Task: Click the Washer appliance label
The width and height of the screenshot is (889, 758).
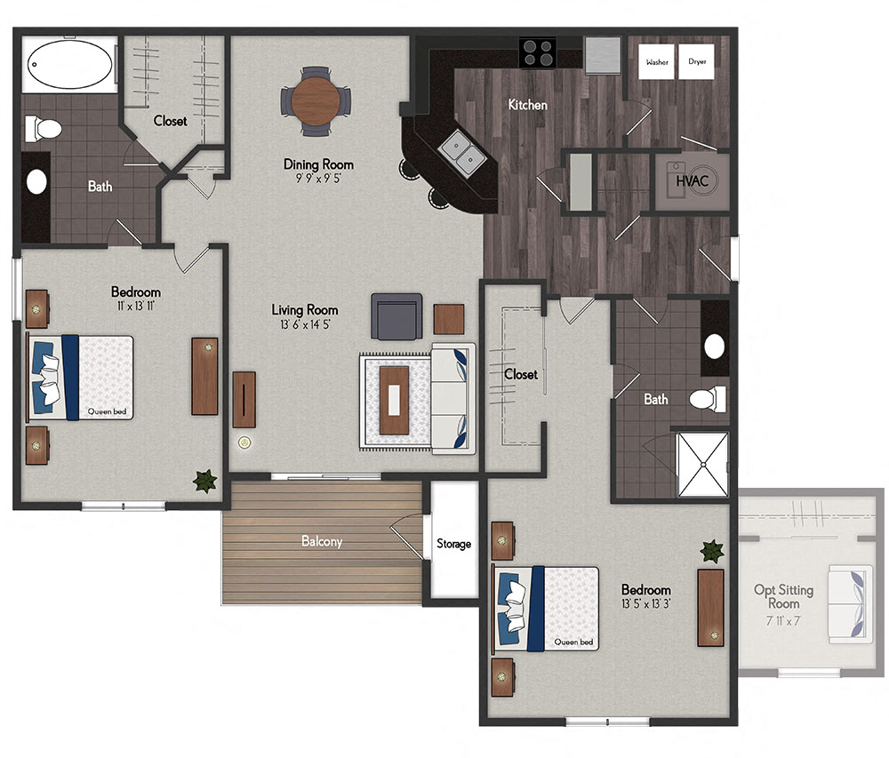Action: pyautogui.click(x=657, y=62)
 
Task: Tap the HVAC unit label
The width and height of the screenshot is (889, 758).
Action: pyautogui.click(x=692, y=181)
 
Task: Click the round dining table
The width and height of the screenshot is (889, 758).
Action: pyautogui.click(x=316, y=100)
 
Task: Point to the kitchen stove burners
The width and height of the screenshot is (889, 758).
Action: pyautogui.click(x=537, y=52)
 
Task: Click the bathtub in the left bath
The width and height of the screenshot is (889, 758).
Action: pyautogui.click(x=70, y=64)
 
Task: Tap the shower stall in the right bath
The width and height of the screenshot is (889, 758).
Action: pyautogui.click(x=702, y=464)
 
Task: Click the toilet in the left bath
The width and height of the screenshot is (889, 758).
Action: pyautogui.click(x=44, y=130)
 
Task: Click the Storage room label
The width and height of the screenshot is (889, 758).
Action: pyautogui.click(x=453, y=544)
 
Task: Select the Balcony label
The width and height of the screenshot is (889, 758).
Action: pyautogui.click(x=322, y=540)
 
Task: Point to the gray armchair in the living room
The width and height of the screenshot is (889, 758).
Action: pyautogui.click(x=396, y=316)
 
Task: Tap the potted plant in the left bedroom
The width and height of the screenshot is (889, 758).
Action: pyautogui.click(x=205, y=481)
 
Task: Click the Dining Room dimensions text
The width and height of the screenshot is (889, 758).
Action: pyautogui.click(x=318, y=178)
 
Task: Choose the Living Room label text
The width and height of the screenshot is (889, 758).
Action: pyautogui.click(x=305, y=310)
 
